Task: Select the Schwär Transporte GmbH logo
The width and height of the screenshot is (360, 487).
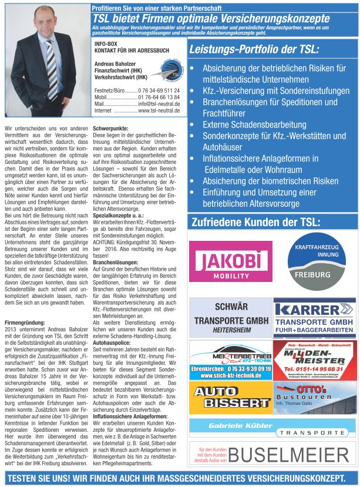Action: [230, 317]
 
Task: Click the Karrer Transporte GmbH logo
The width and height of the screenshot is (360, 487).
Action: [314, 317]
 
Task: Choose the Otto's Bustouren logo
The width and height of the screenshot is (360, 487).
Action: [314, 398]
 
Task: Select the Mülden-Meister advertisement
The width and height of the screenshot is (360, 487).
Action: [314, 360]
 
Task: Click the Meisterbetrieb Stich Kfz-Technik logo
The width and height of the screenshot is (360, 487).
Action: [230, 360]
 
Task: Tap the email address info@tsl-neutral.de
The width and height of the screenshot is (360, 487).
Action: [159, 104]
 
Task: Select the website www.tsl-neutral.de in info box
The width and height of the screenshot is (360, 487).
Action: [159, 110]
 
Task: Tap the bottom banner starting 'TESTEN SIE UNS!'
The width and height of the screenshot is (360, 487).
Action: [176, 478]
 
